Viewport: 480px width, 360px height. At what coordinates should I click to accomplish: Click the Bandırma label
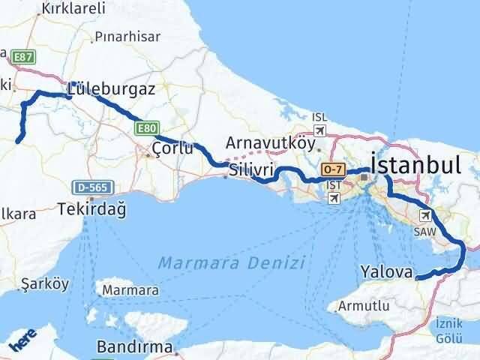(136, 347)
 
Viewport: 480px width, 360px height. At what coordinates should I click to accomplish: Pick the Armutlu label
(364, 305)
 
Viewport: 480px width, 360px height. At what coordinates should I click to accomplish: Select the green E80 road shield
(147, 129)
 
